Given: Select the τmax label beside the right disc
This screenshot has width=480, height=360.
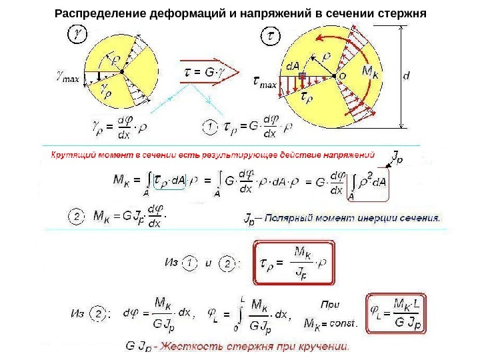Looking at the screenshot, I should click(x=266, y=83).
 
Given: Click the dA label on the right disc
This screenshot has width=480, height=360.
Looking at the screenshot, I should click(x=292, y=66).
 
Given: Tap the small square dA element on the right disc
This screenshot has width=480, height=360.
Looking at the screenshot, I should click(x=303, y=77).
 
